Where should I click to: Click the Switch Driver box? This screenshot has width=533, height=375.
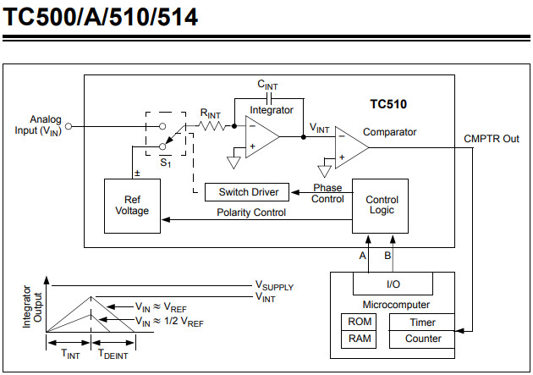247,191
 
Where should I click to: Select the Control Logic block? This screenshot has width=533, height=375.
380,206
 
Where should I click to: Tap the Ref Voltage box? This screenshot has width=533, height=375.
132,206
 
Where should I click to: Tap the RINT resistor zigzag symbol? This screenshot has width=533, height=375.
211,127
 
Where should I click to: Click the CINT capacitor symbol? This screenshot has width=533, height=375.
270,97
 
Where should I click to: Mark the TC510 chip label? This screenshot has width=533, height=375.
388,105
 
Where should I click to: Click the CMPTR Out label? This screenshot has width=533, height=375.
492,139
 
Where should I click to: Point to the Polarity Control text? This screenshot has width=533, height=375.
251,212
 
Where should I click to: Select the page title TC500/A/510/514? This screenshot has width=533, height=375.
101,17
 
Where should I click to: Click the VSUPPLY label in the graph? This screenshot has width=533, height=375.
275,286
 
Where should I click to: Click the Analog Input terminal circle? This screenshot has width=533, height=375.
69,127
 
